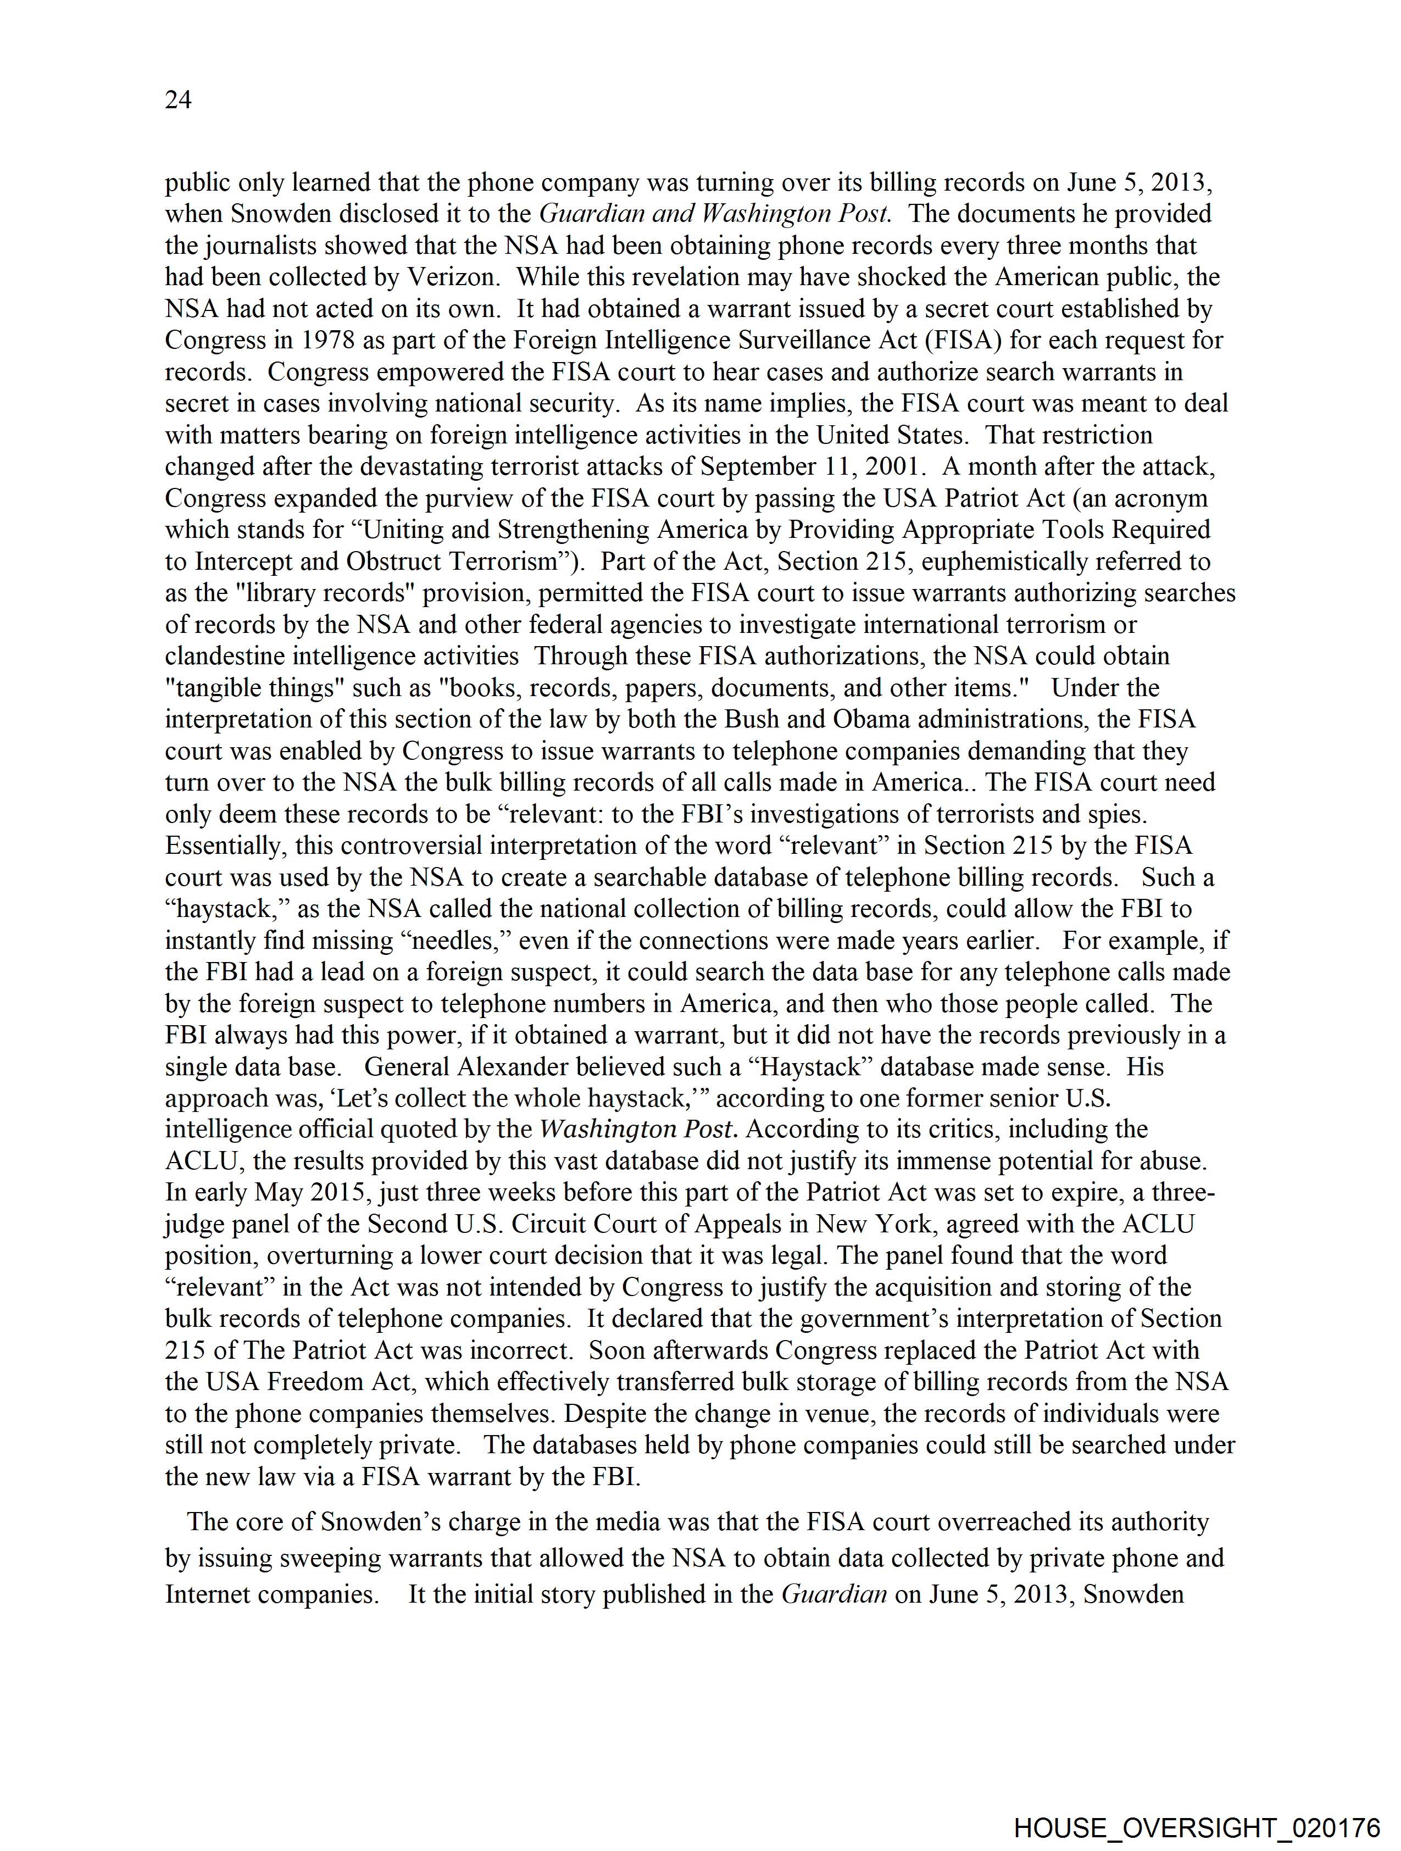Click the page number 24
[x=178, y=101]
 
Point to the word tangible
[x=219, y=688]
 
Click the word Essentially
[x=224, y=846]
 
